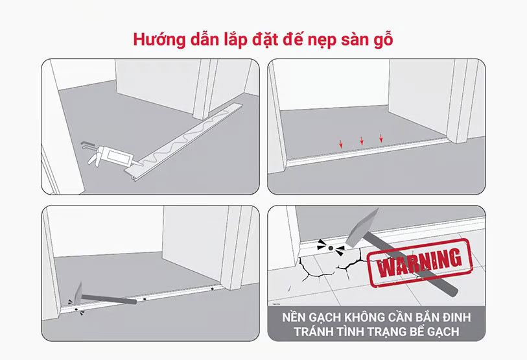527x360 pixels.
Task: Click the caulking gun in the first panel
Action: (x=108, y=155)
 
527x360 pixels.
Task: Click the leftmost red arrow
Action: (x=341, y=144)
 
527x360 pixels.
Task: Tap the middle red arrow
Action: (x=362, y=141)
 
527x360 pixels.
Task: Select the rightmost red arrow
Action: (x=381, y=138)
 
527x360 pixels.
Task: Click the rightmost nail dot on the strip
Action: (x=212, y=289)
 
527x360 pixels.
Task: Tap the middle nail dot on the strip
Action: (x=145, y=299)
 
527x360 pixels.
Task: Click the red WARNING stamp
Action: (x=419, y=263)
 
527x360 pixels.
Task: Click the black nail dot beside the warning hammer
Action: (x=331, y=248)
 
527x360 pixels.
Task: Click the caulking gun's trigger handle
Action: (x=94, y=158)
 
